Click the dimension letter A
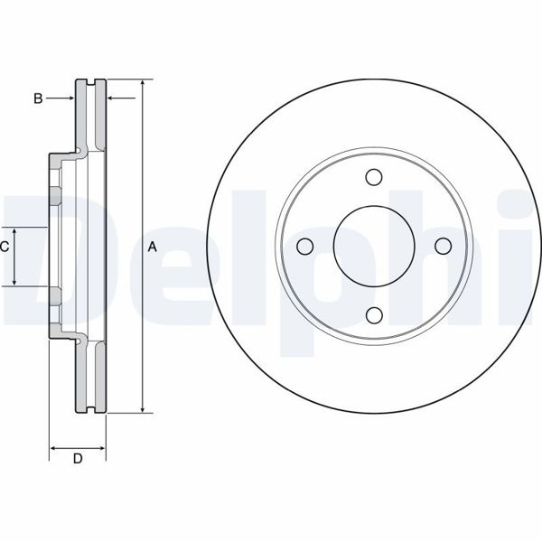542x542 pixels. click(153, 247)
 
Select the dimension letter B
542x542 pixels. click(38, 98)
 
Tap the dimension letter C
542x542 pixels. click(5, 247)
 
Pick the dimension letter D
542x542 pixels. click(78, 459)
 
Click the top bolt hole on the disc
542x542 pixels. click(374, 178)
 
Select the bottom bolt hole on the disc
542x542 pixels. click(374, 313)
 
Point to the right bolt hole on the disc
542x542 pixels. click(442, 246)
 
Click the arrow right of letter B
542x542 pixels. click(68, 98)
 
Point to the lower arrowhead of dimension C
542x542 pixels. click(15, 281)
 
